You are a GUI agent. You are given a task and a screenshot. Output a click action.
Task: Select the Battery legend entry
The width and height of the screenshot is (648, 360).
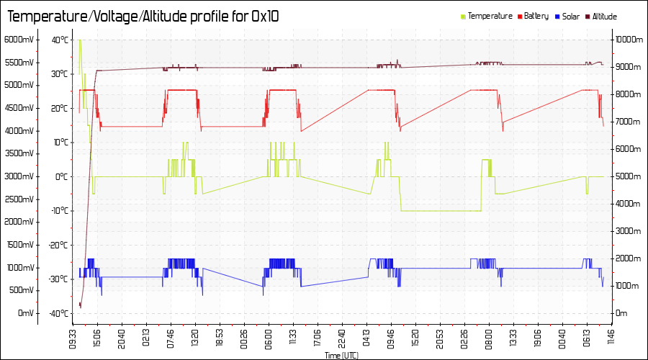click(x=536, y=16)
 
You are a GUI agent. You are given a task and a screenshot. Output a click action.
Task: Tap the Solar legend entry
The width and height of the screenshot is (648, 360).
click(x=571, y=16)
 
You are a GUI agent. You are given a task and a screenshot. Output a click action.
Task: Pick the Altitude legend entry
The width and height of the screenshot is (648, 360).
click(x=604, y=16)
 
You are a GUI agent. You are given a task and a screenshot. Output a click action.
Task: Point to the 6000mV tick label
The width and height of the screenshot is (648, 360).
click(x=19, y=40)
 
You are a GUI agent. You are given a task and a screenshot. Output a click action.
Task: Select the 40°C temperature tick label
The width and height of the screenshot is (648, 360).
click(x=60, y=40)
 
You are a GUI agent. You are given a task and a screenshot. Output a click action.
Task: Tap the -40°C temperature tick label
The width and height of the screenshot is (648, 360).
click(x=58, y=313)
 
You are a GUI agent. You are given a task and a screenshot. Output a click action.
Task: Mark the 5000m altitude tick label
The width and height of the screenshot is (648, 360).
click(x=628, y=176)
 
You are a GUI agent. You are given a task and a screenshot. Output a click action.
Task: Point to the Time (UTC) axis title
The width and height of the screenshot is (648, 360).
click(x=341, y=356)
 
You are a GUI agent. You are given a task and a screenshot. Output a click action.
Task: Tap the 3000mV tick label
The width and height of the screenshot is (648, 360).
click(x=19, y=176)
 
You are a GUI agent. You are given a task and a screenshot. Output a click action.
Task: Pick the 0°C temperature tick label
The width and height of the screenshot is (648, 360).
click(x=62, y=176)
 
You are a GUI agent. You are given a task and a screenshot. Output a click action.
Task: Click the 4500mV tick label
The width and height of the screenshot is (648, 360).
click(x=19, y=108)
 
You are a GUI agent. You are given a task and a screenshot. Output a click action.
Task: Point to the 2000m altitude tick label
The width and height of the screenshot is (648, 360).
click(x=628, y=258)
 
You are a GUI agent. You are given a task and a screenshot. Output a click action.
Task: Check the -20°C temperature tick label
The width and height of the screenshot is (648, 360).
click(x=58, y=245)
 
